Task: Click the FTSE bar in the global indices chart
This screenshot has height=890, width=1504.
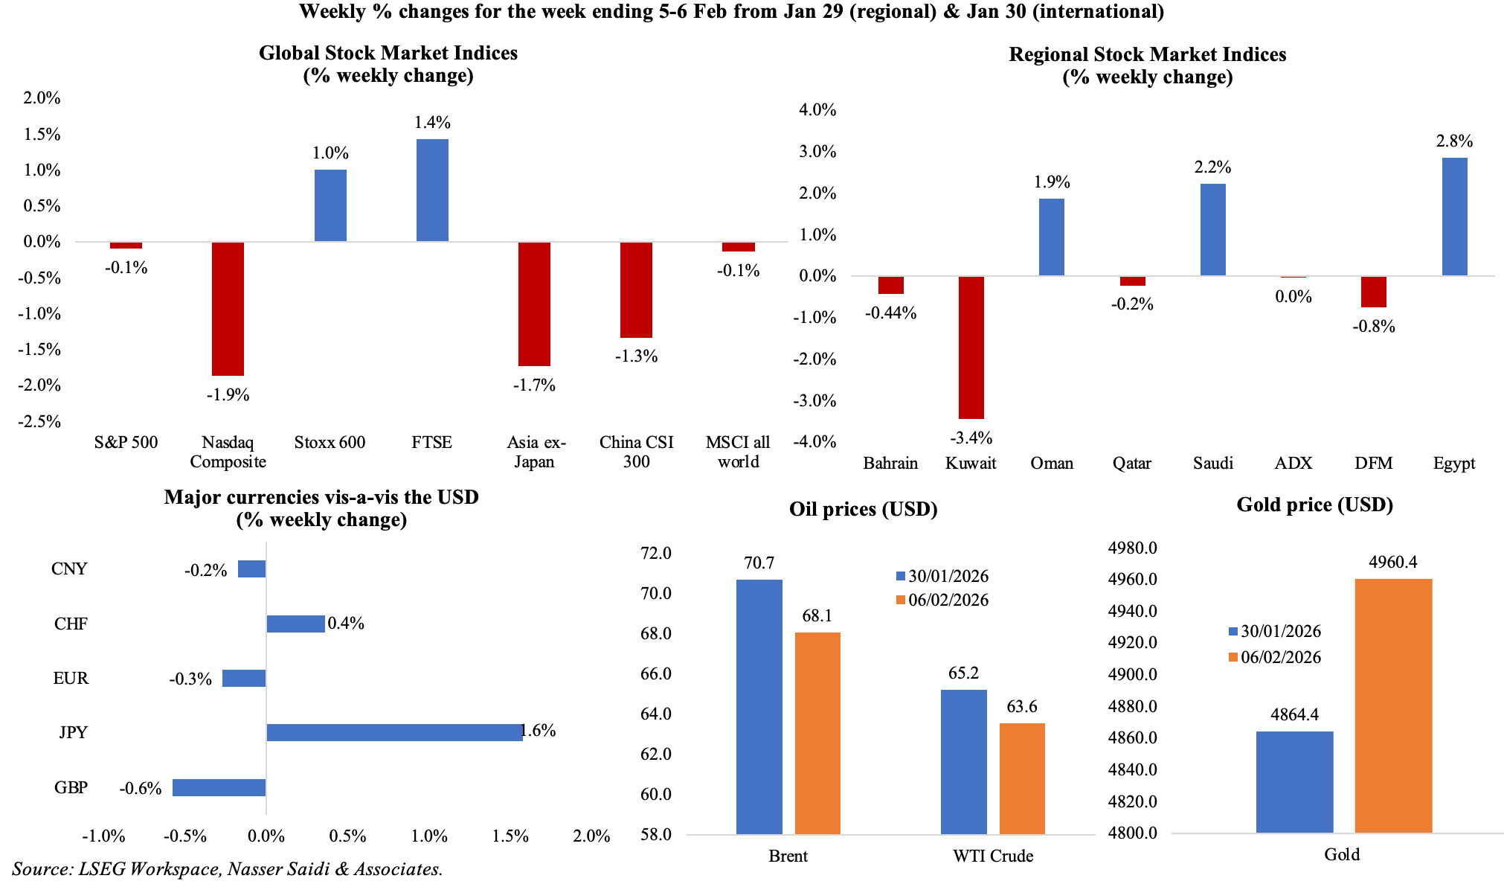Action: pos(432,191)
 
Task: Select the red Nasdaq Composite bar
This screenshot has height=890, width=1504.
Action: pos(228,309)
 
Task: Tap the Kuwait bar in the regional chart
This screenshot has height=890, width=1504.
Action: pos(971,348)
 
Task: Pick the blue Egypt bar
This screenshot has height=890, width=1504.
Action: pos(1454,217)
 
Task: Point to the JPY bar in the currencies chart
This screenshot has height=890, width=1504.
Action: pos(394,732)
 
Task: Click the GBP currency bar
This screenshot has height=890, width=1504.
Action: pos(219,787)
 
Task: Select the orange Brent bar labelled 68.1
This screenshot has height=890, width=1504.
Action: pos(817,733)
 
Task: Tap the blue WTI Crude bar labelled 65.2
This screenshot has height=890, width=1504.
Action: pos(963,762)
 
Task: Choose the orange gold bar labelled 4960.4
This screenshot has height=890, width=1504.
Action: pos(1393,705)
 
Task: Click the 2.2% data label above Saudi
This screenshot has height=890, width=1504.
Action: pos(1212,167)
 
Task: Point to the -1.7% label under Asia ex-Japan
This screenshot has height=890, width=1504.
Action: pos(534,385)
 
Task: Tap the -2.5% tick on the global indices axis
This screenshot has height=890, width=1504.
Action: pos(42,421)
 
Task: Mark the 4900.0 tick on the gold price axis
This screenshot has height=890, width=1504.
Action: pos(1132,674)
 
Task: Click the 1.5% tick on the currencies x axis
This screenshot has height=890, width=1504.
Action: pos(510,836)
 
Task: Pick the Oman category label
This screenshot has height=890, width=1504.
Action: pos(1052,464)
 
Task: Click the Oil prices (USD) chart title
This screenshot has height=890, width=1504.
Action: pos(863,510)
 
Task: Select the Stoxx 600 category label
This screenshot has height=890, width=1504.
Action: pos(330,443)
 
